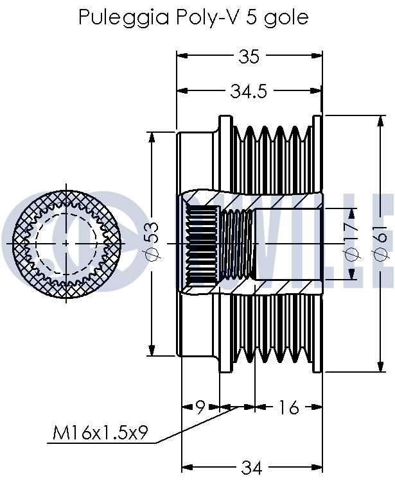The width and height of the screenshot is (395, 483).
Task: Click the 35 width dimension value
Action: [249, 57]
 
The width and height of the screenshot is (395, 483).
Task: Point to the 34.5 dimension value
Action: [249, 92]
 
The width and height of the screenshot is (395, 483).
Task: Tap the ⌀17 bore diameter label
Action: [351, 244]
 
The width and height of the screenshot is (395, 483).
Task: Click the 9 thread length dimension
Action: [200, 407]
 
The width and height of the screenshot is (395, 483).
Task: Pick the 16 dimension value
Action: [289, 407]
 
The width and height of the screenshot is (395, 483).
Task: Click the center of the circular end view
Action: [67, 244]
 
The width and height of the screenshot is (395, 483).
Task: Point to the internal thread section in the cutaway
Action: [237, 244]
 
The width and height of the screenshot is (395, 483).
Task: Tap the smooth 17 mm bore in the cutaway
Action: [287, 244]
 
